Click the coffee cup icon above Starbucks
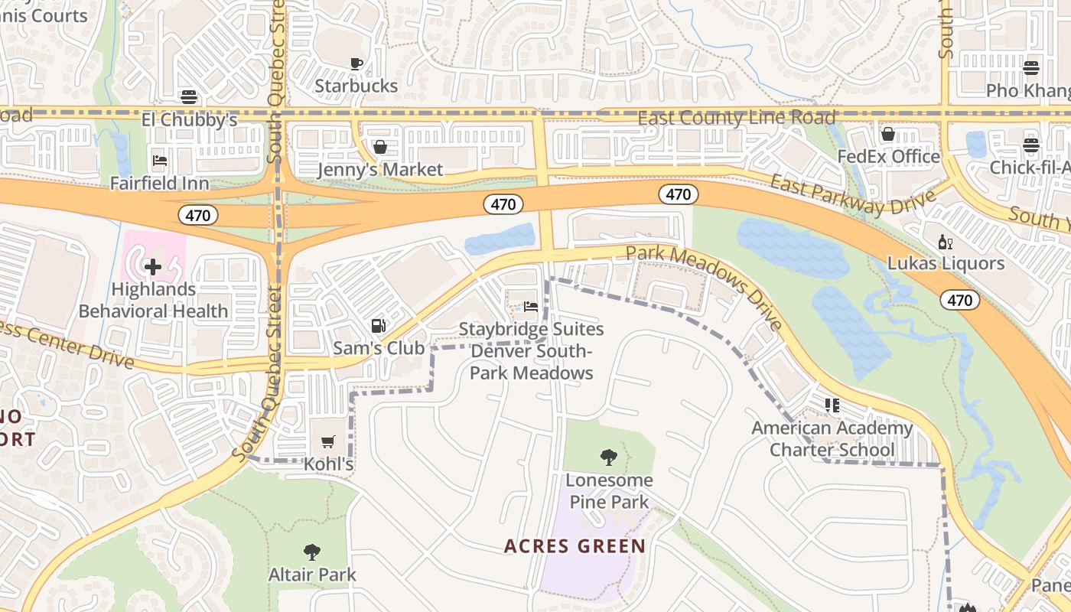point(356,63)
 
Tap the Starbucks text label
point(356,86)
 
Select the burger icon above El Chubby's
point(189,97)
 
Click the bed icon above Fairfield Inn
point(159,161)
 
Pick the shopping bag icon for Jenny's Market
point(379,147)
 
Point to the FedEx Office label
point(888,156)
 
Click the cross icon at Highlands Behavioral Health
point(153,267)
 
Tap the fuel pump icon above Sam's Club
point(378,326)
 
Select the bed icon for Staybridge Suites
point(531,307)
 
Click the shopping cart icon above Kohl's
point(328,442)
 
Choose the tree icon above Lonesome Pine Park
point(609,457)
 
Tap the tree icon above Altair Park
point(311,552)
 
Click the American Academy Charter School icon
point(832,405)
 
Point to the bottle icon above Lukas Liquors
point(946,242)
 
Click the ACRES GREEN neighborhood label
point(575,546)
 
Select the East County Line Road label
point(736,118)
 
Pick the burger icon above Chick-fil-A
point(1031,145)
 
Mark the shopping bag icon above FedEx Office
point(888,135)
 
